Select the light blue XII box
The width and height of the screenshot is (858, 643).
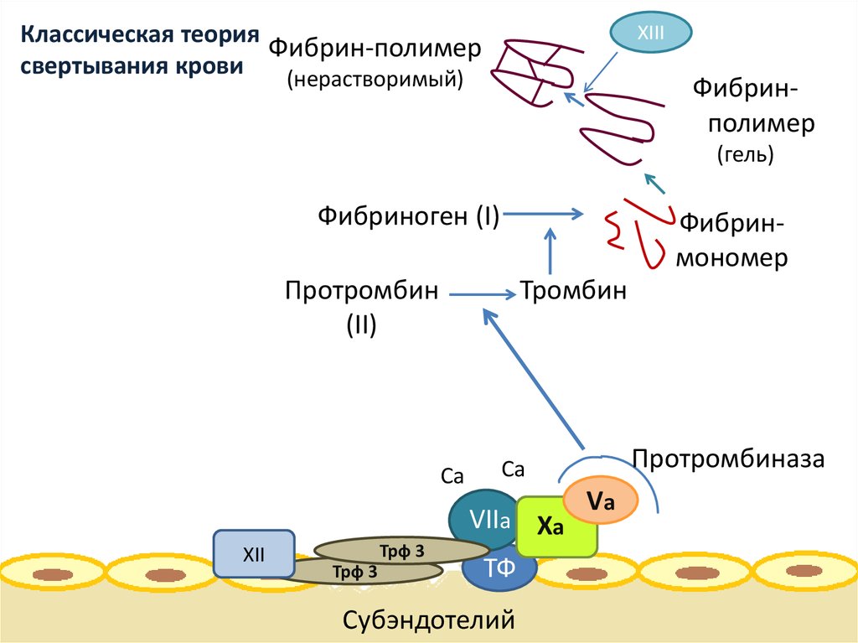[254, 554]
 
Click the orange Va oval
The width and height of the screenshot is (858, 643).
[601, 500]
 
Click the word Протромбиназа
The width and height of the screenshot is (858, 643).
[729, 459]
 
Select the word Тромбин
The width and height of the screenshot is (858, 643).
[574, 293]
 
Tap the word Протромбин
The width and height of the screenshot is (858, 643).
[362, 293]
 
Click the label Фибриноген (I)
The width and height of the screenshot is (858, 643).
[408, 216]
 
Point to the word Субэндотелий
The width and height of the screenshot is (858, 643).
[428, 620]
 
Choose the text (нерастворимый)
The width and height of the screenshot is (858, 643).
[375, 79]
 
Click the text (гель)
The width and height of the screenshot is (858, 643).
[745, 154]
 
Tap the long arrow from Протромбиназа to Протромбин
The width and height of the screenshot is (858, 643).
[533, 378]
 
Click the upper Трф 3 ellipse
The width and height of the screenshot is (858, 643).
[390, 550]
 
